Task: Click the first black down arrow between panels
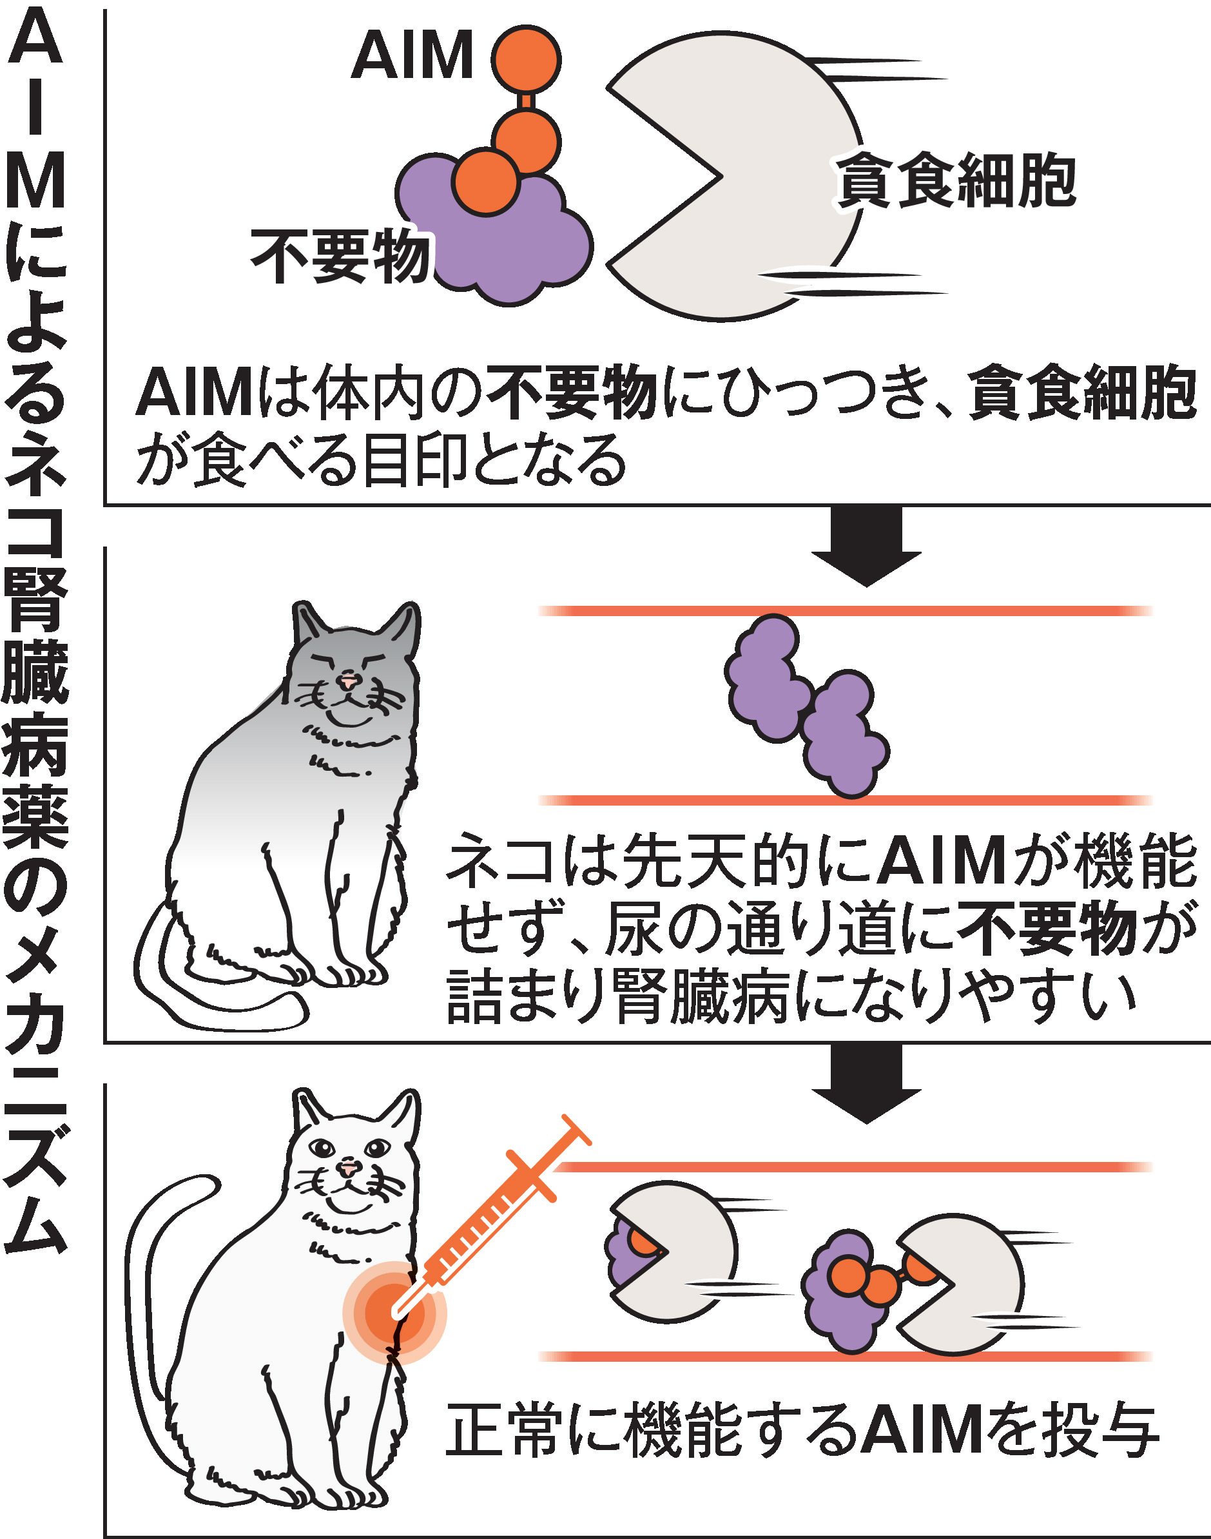coord(866,545)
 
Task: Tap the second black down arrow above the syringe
coord(866,1083)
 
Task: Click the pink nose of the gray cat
coord(347,681)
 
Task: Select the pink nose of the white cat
coord(348,1168)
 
